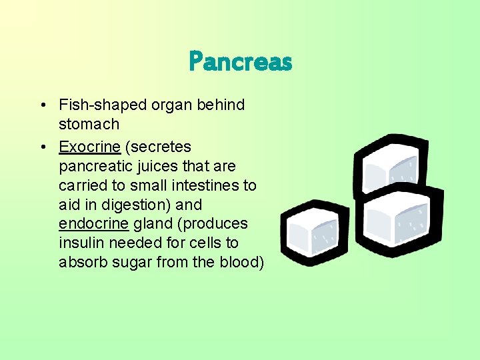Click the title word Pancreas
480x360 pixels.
[241, 62]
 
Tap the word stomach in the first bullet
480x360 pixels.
[89, 124]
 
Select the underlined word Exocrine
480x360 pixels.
[89, 147]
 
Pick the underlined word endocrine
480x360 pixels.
[93, 223]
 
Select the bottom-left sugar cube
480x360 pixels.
[314, 234]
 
